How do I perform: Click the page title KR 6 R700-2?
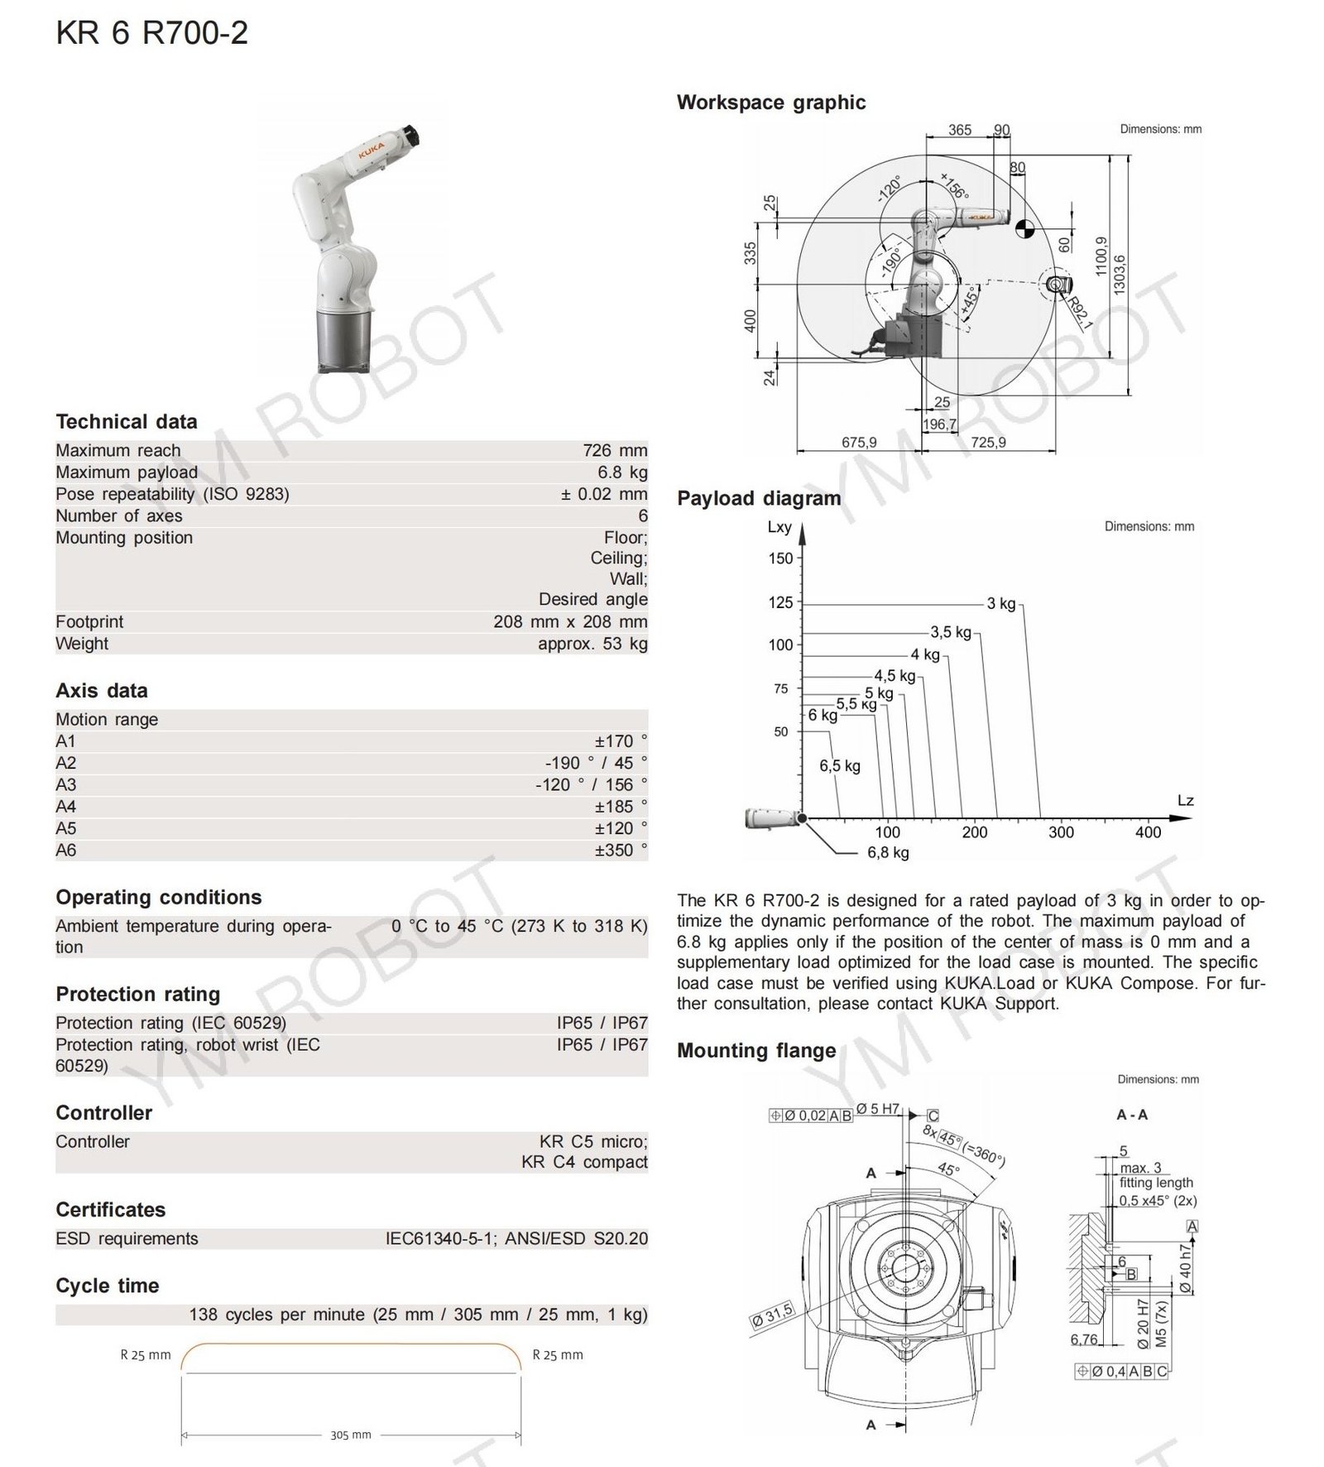point(151,34)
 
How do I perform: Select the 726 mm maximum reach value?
point(615,450)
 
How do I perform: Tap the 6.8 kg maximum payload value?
point(622,472)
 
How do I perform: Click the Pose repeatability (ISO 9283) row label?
point(172,494)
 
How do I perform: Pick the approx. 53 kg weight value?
point(592,643)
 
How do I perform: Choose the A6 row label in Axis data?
point(65,850)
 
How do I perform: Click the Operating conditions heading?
point(158,897)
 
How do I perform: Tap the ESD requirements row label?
point(127,1239)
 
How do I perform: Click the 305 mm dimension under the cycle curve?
point(351,1436)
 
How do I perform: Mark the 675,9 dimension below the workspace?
point(859,443)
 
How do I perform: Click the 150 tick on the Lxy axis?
point(780,559)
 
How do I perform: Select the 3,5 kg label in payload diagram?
point(951,632)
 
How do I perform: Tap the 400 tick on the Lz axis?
point(1148,832)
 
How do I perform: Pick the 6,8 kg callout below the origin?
point(888,852)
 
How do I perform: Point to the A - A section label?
point(1132,1115)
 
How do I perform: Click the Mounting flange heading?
point(756,1051)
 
